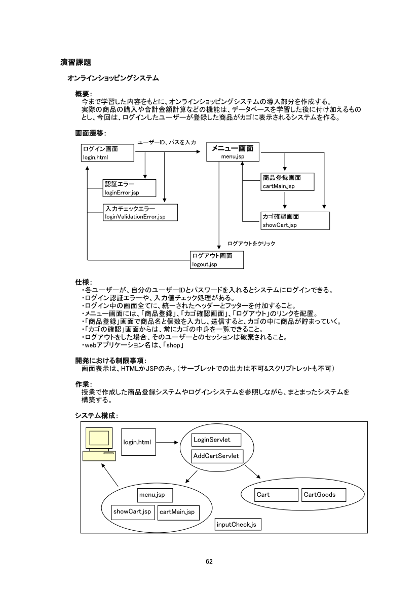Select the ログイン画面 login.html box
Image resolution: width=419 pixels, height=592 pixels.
pos(108,153)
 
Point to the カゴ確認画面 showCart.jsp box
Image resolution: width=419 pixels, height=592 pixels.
pos(295,220)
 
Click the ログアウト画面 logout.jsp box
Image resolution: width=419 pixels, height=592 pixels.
pos(217,260)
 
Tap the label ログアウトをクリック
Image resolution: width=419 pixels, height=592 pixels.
pos(251,244)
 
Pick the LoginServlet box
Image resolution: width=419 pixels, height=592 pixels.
pos(216,439)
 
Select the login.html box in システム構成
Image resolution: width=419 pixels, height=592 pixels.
pos(139,442)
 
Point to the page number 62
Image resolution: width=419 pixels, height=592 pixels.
pos(209,561)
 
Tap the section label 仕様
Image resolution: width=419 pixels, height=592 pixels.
pos(83,282)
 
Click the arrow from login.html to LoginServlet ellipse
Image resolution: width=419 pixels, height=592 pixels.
pos(169,442)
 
